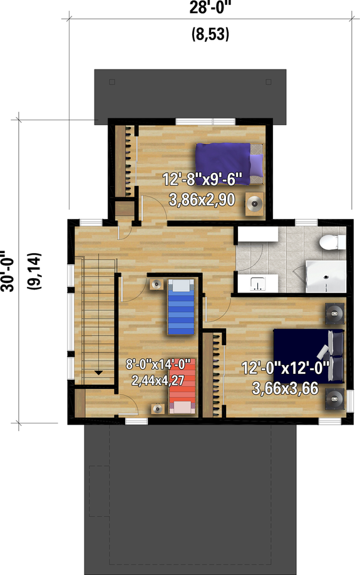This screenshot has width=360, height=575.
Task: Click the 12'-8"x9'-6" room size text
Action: click(198, 180)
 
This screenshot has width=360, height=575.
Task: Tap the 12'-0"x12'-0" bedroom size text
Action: click(285, 368)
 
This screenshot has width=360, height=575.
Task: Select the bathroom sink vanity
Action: click(257, 283)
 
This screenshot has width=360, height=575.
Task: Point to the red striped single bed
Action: click(182, 385)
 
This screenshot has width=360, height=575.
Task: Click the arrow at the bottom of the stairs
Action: click(98, 372)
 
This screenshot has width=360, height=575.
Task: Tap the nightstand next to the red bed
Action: click(158, 408)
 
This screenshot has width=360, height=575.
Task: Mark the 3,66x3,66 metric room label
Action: click(285, 389)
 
